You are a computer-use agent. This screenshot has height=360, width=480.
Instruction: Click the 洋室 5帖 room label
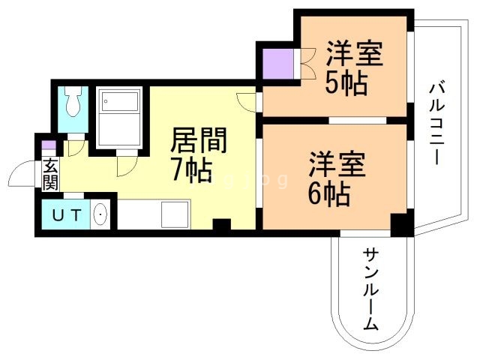pos(354,67)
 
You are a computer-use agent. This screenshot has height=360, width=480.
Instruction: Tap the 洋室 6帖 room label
pos(337,180)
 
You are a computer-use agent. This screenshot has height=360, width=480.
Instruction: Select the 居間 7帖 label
pos(196,154)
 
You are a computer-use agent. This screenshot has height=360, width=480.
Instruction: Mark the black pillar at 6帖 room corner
pos(401,223)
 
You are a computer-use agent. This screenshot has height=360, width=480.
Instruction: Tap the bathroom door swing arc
pos(126,163)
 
